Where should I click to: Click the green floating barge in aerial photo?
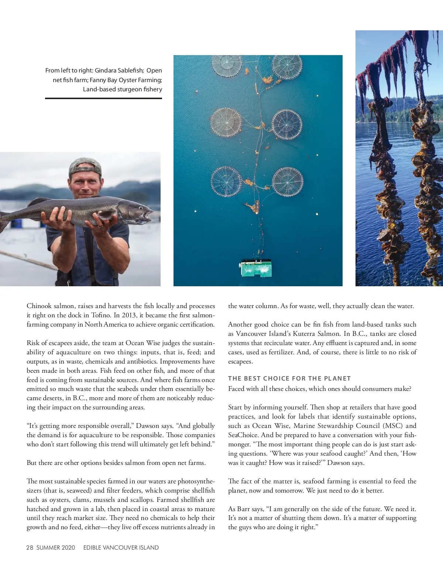pyautogui.click(x=256, y=268)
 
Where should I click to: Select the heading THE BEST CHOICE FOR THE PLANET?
pyautogui.click(x=289, y=378)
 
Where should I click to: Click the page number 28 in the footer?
pyautogui.click(x=30, y=547)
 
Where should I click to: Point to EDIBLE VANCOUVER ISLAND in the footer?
pyautogui.click(x=121, y=547)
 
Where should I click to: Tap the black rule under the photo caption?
pyautogui.click(x=103, y=98)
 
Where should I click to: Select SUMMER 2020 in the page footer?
pyautogui.click(x=56, y=547)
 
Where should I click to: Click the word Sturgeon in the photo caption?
pyautogui.click(x=129, y=89)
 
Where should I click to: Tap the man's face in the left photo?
pyautogui.click(x=85, y=185)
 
